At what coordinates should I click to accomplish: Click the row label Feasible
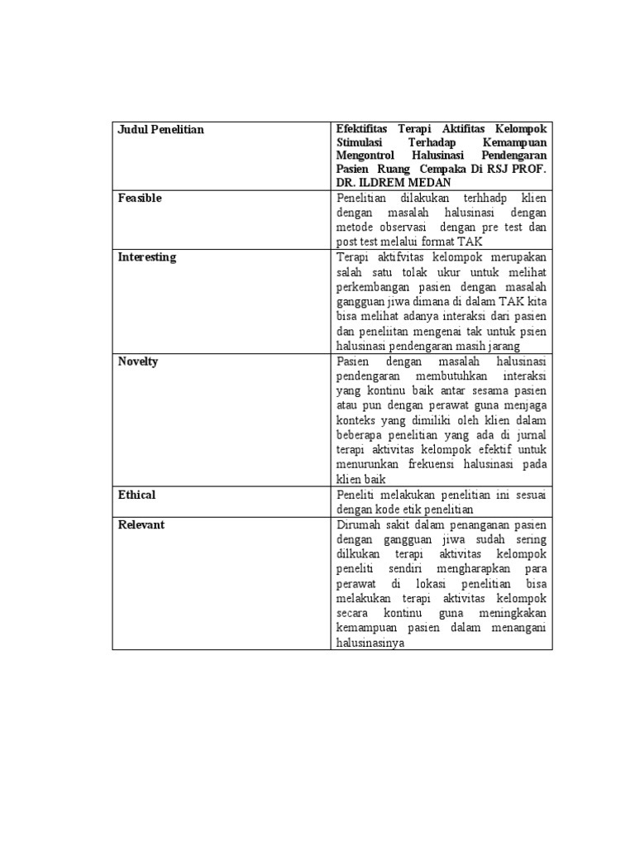pyautogui.click(x=140, y=199)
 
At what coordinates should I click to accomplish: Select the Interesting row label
pyautogui.click(x=146, y=257)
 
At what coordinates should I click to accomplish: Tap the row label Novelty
pyautogui.click(x=137, y=361)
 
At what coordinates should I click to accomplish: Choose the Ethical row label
pyautogui.click(x=136, y=495)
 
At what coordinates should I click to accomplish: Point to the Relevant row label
pyautogui.click(x=141, y=524)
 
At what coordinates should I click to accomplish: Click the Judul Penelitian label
pyautogui.click(x=160, y=130)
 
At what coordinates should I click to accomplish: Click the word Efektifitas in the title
pyautogui.click(x=363, y=130)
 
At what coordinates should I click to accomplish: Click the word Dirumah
pyautogui.click(x=359, y=524)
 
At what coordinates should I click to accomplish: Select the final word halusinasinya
pyautogui.click(x=370, y=643)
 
